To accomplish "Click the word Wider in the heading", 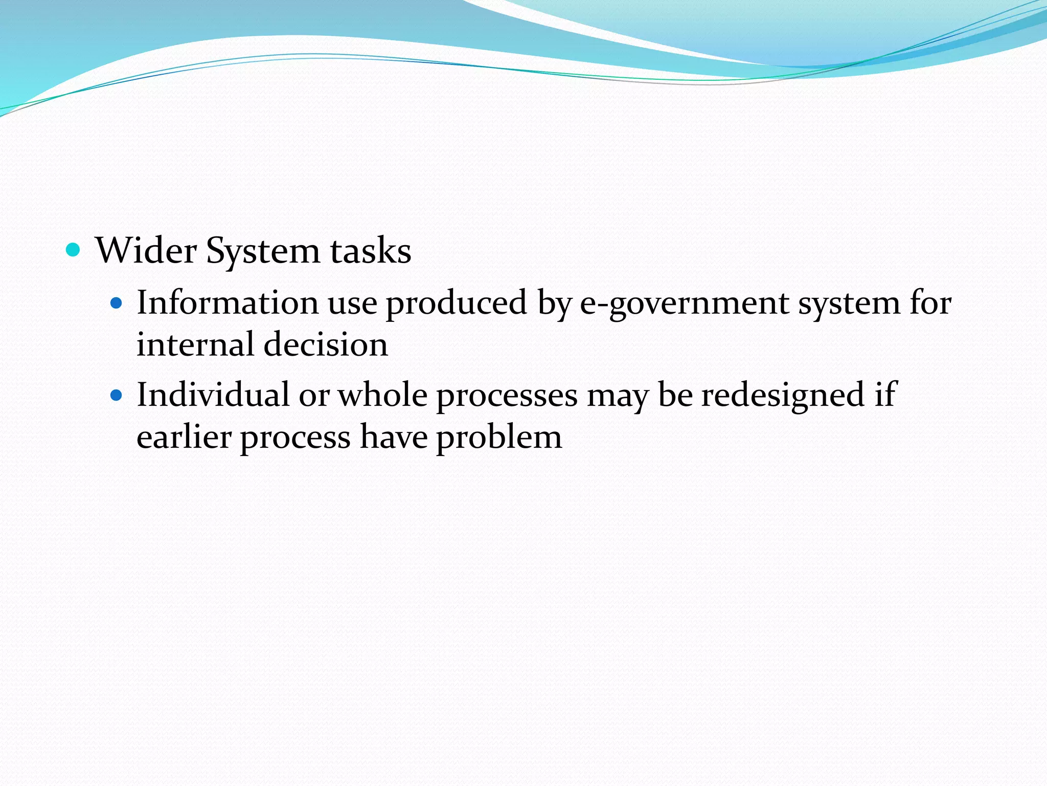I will (146, 251).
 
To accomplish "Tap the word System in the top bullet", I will (263, 252).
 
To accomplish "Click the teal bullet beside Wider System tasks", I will (74, 250).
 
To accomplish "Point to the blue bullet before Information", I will (117, 303).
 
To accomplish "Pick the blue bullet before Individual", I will (117, 396).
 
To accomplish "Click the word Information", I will (227, 302).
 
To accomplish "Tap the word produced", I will (456, 303).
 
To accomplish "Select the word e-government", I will (685, 303).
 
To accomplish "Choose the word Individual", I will (213, 395).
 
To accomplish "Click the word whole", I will (382, 395).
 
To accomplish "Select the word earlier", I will (184, 438).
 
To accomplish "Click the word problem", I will (498, 438).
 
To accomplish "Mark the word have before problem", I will (393, 438).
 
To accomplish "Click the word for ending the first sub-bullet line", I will (930, 302).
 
